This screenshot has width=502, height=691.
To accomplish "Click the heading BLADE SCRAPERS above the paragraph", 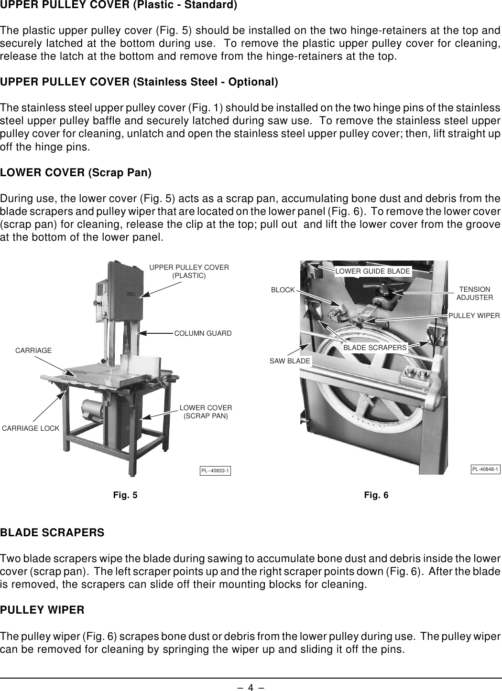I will [x=52, y=532].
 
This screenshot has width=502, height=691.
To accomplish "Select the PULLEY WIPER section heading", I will [x=43, y=610].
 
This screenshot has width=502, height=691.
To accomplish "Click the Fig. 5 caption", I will [x=125, y=495].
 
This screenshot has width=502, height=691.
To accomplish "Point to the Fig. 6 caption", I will [x=376, y=495].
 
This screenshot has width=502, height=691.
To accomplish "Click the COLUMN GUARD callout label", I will [x=203, y=333].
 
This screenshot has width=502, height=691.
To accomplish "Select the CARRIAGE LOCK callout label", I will [x=31, y=428].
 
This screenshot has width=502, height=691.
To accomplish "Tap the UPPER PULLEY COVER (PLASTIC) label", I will [x=189, y=271].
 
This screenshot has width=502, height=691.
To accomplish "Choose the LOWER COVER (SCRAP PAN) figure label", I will [x=206, y=412].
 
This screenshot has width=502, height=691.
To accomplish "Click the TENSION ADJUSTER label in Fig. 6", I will [x=474, y=293].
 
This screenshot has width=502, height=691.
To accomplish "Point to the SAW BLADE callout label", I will [x=290, y=361].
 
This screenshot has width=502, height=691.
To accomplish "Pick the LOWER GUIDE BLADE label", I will [x=372, y=271].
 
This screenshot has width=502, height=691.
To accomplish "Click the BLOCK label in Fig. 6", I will [x=283, y=290].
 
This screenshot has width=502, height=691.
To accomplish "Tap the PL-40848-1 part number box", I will [x=485, y=469].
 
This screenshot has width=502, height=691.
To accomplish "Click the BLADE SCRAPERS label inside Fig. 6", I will [x=375, y=347].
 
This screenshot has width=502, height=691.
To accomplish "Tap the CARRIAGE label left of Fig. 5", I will [x=33, y=351].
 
